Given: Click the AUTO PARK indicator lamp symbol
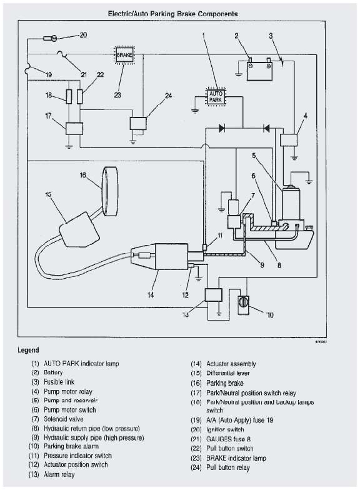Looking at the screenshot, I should [x=215, y=96].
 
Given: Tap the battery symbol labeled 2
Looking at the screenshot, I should [x=259, y=70].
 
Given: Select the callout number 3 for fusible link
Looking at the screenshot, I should [x=271, y=36].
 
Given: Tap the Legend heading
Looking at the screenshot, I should [x=28, y=350].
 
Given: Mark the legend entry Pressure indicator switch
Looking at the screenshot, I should [x=77, y=456].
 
